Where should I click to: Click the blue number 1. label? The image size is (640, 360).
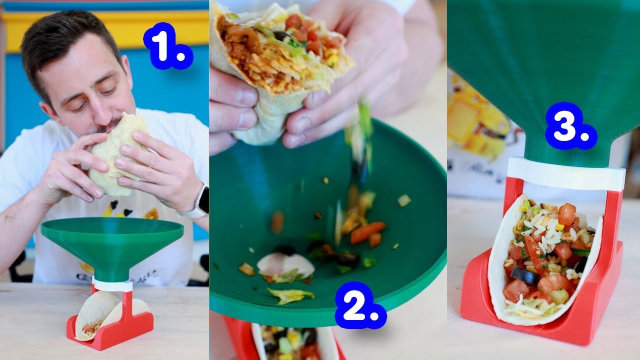tap(167, 46)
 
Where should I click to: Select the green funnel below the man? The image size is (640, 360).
tap(112, 245)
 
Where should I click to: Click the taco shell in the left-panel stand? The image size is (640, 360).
tap(95, 315)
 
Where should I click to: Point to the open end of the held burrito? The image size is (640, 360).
tap(280, 50)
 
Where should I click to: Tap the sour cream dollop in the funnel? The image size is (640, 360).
tap(285, 264)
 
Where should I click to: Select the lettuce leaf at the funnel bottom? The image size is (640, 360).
tap(290, 295)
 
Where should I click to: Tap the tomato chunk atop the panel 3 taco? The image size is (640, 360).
tap(567, 214)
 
